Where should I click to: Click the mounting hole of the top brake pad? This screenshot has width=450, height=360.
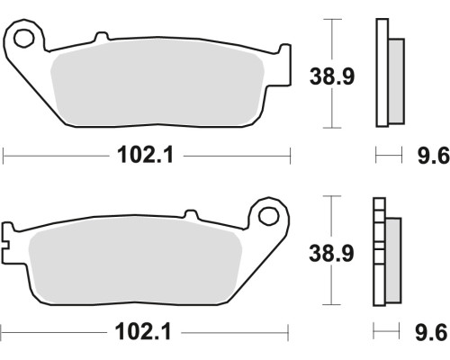[23, 39]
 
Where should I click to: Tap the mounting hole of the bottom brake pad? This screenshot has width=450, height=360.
[269, 216]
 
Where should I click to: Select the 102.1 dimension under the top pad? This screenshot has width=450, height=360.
[146, 156]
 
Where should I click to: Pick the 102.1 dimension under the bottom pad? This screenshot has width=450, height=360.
[143, 332]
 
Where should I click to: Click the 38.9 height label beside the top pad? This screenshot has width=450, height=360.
[332, 76]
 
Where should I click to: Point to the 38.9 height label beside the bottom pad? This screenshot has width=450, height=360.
[331, 253]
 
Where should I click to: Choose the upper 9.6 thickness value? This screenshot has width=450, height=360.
[434, 156]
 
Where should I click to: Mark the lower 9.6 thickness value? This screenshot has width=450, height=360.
[431, 332]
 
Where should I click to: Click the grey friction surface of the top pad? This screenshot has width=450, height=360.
[157, 83]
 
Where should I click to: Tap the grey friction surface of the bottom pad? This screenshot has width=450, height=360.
[135, 259]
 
